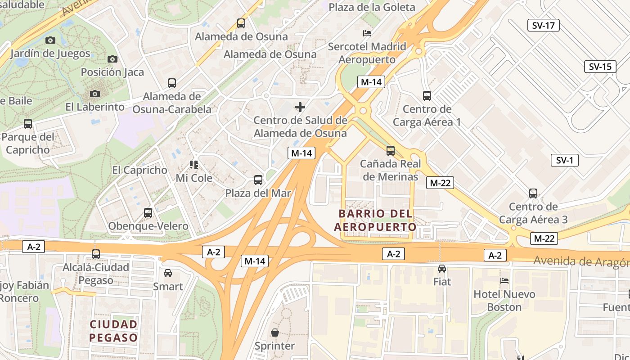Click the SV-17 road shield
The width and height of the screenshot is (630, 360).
(x=543, y=25)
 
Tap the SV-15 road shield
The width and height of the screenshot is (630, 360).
(x=600, y=67)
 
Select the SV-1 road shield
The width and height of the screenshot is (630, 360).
(x=564, y=160)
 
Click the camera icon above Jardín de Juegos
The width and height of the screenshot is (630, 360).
(x=50, y=40)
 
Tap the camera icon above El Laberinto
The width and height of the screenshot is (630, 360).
(x=94, y=94)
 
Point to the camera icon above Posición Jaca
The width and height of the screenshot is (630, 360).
(x=112, y=59)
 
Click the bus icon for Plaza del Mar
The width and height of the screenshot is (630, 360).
(x=258, y=180)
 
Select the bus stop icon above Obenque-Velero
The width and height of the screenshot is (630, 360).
(x=148, y=213)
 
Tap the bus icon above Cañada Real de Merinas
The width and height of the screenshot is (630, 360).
(x=391, y=151)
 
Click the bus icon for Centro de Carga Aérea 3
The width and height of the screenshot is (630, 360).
(x=533, y=193)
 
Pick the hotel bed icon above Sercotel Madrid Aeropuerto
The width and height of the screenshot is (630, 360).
(x=367, y=33)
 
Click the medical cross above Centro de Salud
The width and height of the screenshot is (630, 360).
(x=300, y=107)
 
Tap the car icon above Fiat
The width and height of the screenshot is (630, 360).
(x=442, y=269)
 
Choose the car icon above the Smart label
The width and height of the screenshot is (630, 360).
(x=168, y=273)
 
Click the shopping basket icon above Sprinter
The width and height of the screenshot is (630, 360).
(x=274, y=333)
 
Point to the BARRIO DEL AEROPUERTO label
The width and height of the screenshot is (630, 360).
(x=375, y=220)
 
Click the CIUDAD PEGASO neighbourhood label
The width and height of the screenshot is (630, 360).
(x=113, y=331)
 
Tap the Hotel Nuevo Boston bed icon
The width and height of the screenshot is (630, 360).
(x=504, y=281)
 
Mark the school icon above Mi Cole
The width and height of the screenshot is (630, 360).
(x=194, y=165)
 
